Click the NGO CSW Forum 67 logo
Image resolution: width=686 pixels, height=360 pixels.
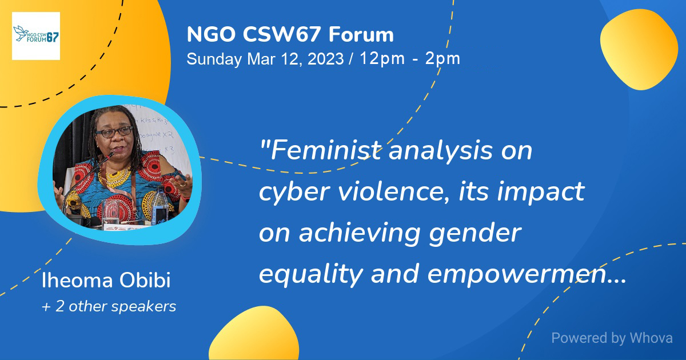point(36,36)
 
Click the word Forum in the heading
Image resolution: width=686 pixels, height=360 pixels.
point(361,34)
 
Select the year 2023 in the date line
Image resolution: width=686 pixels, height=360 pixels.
point(325,58)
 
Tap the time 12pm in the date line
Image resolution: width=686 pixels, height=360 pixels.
point(382,58)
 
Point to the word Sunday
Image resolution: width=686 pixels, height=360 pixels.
point(214,59)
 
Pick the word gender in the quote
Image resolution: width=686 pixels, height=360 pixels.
point(475,234)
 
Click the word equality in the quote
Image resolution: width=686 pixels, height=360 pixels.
point(311,274)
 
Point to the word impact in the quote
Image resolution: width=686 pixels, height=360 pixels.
point(541,191)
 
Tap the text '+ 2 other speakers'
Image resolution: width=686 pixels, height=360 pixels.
point(109,306)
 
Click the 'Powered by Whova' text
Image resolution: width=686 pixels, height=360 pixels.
point(612,338)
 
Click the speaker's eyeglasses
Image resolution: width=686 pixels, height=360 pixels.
point(114,132)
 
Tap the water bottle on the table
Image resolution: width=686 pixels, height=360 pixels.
point(159,205)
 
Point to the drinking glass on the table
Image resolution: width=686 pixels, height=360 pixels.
point(110,213)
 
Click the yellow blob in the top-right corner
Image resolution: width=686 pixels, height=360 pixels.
point(639,50)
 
